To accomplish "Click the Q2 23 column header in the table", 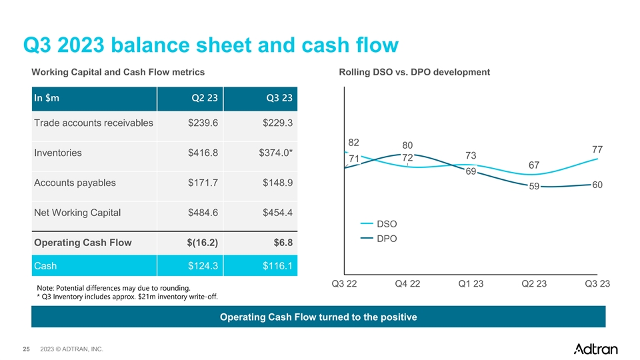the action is point(205,98).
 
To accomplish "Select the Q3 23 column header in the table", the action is point(279,98).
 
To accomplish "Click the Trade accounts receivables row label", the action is point(93,123).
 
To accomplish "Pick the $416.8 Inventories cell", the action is point(203,153).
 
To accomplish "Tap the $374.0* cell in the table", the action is point(275,153).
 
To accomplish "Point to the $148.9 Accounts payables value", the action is point(277,183).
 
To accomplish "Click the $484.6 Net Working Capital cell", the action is point(203,212).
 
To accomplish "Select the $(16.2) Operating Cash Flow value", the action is point(203,243).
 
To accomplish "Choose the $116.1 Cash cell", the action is point(277,266).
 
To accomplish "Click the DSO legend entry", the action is point(379,224).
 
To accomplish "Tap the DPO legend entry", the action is point(379,239).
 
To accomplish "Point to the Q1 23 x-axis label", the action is point(471,284).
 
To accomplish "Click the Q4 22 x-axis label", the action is point(407,284).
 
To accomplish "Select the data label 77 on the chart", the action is point(597,149).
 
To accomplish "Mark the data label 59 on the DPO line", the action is point(534,186).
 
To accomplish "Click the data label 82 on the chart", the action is point(353,143).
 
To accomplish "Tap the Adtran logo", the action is point(595,349).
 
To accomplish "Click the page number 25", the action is point(26,349).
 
